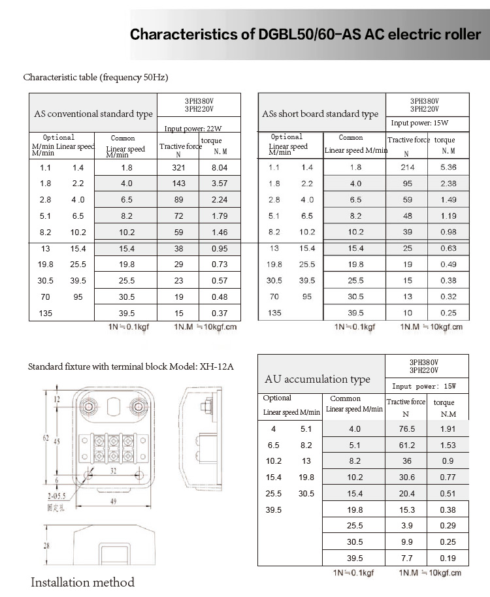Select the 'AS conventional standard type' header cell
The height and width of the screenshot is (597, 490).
coord(93,114)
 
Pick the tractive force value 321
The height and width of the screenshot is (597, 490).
coord(179,167)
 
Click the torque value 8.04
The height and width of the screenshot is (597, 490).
coord(220,167)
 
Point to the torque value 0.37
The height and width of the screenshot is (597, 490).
coord(220,313)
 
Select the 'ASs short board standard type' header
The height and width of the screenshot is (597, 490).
coord(320,114)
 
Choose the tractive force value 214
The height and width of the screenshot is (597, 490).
coord(408,167)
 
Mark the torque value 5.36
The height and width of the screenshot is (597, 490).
coord(448,167)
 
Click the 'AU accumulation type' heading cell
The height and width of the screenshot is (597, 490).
coord(318,379)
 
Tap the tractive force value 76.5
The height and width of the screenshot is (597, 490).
coord(408,429)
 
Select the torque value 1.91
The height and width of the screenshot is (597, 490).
coord(448,429)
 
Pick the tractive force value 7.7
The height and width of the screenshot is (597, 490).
coord(408,558)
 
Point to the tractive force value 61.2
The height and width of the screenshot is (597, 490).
coord(408,445)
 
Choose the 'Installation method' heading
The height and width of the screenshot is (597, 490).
coord(83,582)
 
